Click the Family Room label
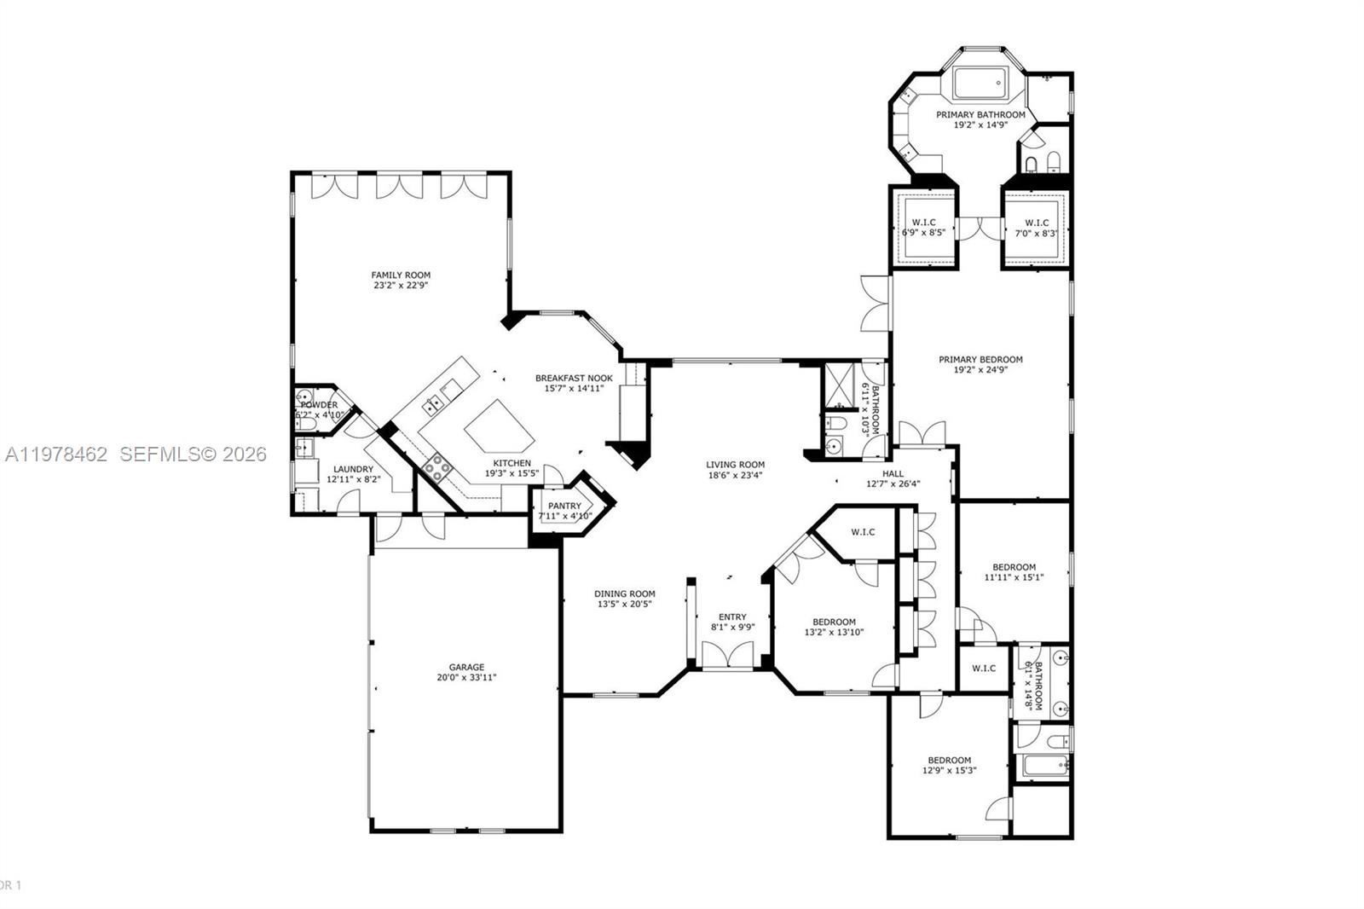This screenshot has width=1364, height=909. tap(401, 275)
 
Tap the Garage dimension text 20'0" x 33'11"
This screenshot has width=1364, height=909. tap(466, 678)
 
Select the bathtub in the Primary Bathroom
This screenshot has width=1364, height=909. tap(980, 84)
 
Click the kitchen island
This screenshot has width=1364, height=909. tap(500, 426)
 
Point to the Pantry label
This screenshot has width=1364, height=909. tap(564, 506)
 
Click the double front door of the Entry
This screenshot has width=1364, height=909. tap(728, 655)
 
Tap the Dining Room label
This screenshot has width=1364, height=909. tap(625, 593)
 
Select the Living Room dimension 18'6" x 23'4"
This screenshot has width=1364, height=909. tap(735, 476)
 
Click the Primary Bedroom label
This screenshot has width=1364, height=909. tap(980, 359)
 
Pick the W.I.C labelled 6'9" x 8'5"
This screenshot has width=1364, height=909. tap(923, 227)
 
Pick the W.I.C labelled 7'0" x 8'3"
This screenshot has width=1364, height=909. tap(1036, 227)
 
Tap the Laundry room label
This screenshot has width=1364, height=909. tap(353, 469)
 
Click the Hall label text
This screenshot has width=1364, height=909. tap(893, 473)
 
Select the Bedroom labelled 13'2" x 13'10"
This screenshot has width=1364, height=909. tap(834, 627)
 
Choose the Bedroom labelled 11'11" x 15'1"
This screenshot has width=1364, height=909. tap(1014, 571)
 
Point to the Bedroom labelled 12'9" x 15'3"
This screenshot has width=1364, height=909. tap(949, 765)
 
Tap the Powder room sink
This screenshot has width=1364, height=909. tap(304, 396)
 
